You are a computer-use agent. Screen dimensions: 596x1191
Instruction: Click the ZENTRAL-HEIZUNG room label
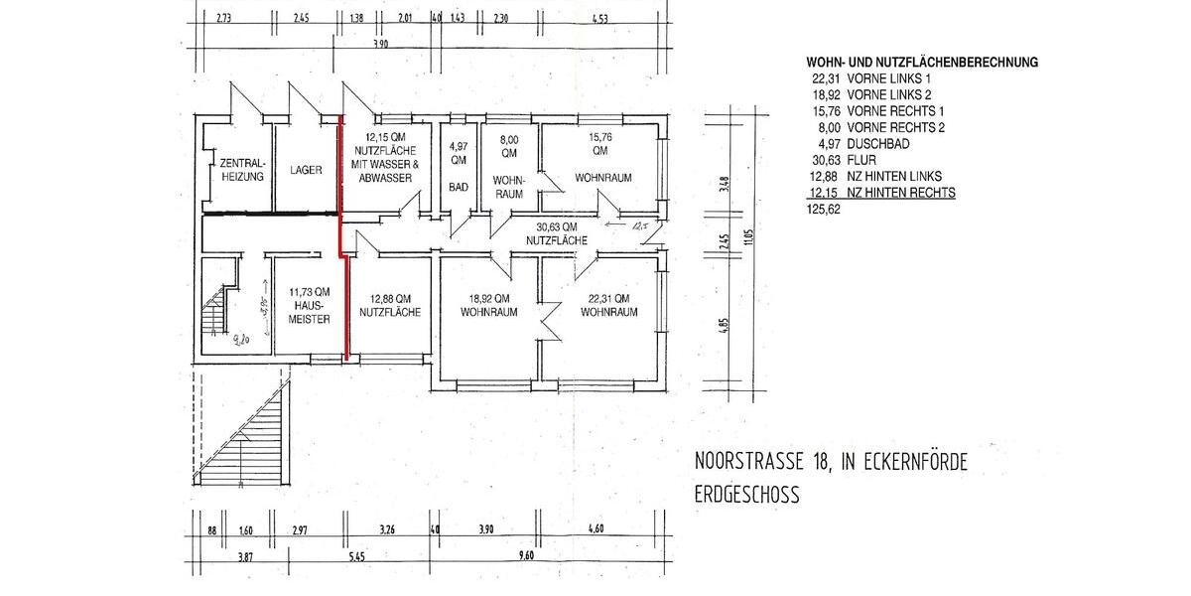241,170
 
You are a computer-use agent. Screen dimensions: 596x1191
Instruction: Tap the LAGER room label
307,170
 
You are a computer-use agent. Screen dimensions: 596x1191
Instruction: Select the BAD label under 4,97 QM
458,186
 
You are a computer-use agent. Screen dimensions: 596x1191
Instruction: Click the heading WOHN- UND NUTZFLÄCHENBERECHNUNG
922,62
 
